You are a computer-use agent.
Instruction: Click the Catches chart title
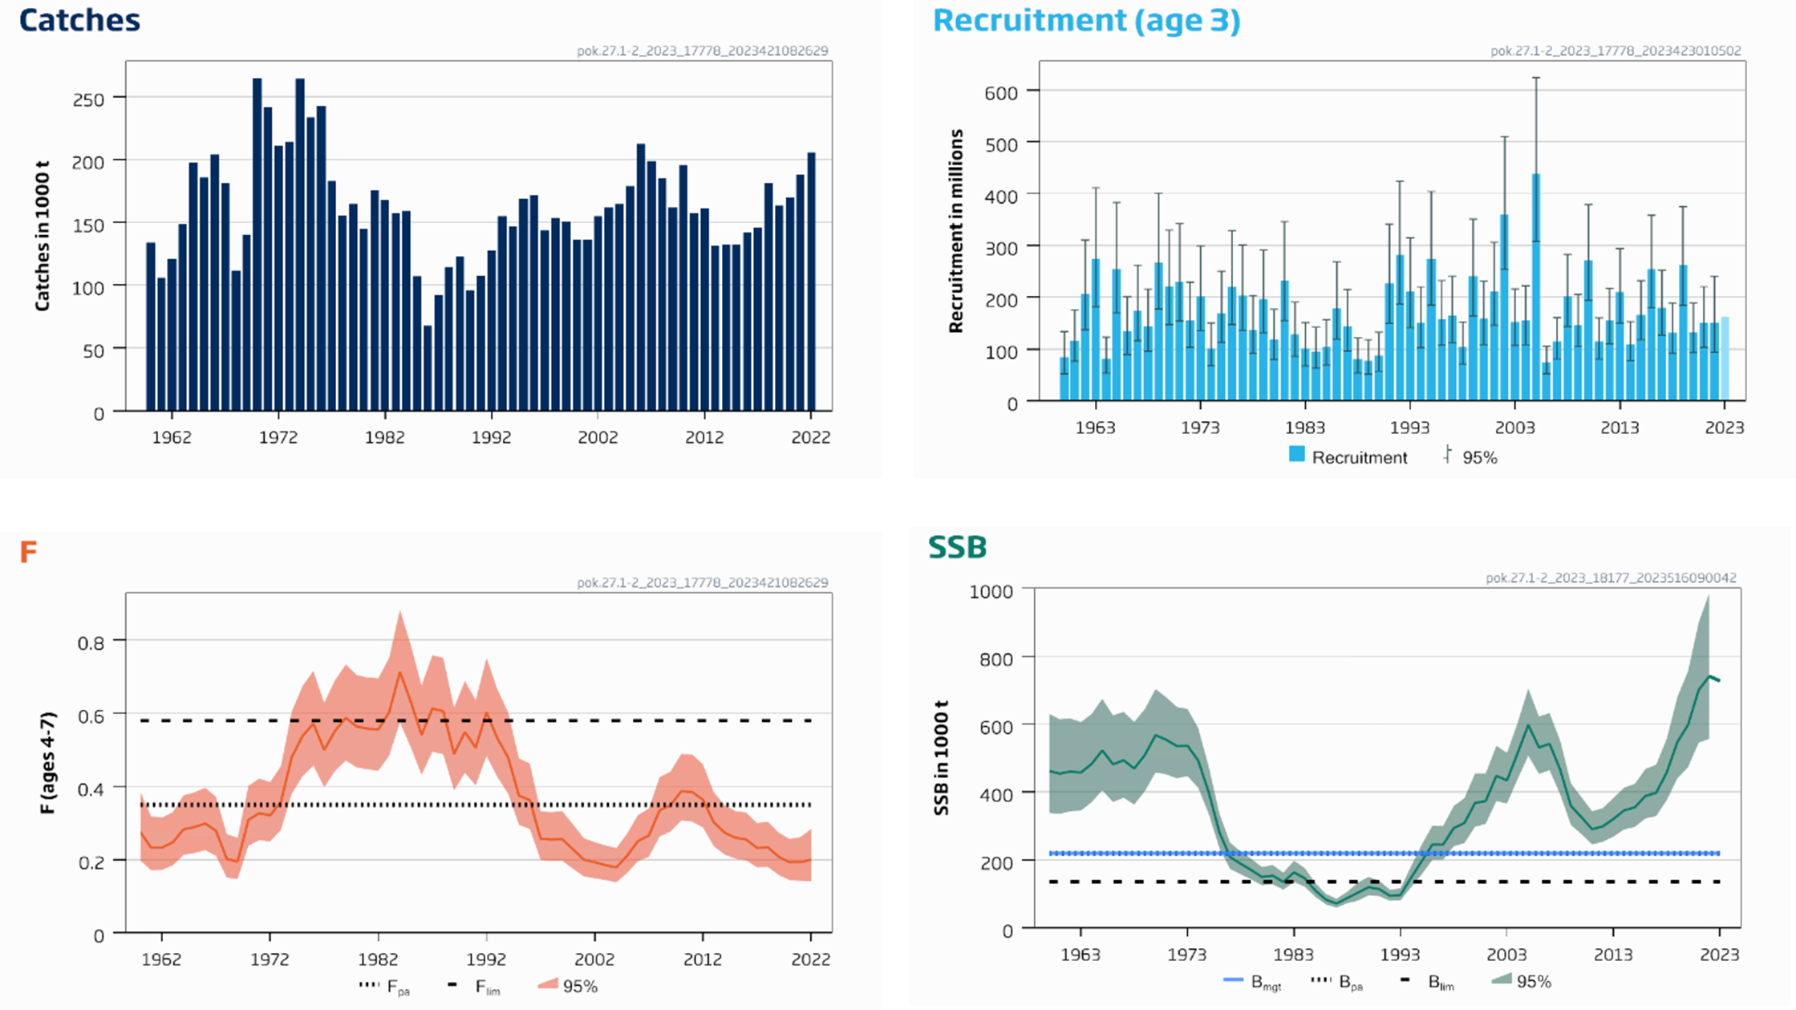click(x=79, y=20)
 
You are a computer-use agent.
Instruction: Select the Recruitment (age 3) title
click(x=1086, y=21)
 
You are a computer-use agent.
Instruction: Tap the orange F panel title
click(x=28, y=552)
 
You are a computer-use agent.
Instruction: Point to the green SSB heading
click(x=957, y=547)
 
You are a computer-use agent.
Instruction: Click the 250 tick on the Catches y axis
click(x=88, y=99)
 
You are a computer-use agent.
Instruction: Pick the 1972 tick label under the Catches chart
click(x=278, y=437)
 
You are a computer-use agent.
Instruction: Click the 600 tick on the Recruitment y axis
click(x=1001, y=93)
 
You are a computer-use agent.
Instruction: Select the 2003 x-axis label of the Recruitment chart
click(x=1514, y=428)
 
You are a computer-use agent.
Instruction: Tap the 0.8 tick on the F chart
click(x=91, y=643)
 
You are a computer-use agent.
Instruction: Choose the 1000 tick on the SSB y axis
click(x=991, y=592)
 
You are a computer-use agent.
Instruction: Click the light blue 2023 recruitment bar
click(x=1725, y=359)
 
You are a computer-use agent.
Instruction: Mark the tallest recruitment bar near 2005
click(x=1536, y=287)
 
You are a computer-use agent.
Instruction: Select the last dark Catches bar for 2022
click(x=811, y=281)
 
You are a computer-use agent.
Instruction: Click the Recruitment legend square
click(x=1296, y=454)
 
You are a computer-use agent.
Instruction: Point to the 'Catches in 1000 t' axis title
click(x=43, y=236)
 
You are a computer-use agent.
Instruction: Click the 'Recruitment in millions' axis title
click(x=955, y=231)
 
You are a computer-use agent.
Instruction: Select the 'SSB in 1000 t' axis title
click(x=942, y=757)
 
